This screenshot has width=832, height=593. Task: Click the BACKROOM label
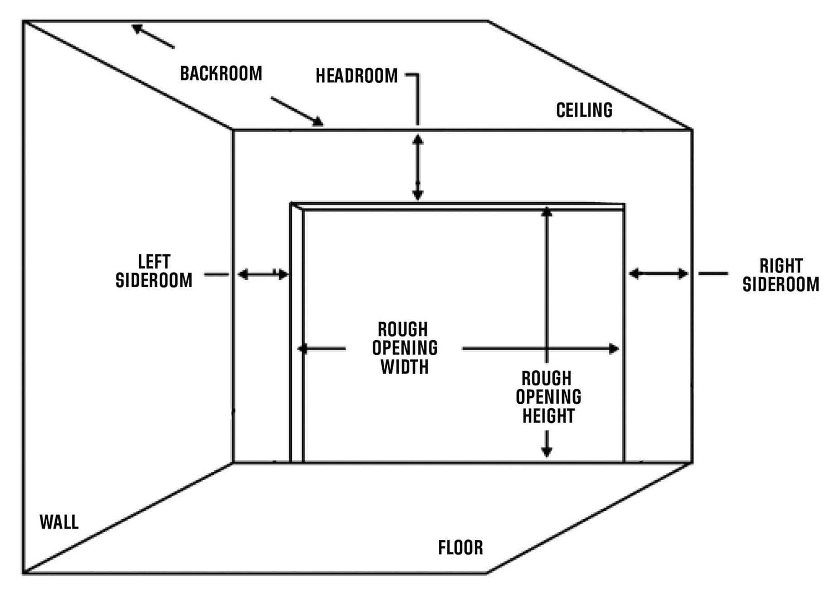[221, 73]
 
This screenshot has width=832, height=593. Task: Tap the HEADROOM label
[357, 76]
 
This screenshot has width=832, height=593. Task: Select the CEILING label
[584, 110]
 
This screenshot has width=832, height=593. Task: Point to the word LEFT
[154, 262]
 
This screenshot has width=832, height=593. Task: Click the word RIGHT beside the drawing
[781, 266]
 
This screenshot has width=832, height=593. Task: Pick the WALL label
[59, 522]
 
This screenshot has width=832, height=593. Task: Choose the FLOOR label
[461, 547]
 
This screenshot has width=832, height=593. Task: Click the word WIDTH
[405, 367]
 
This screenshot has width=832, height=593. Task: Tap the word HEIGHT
[549, 416]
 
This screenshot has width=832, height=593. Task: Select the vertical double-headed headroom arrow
[418, 167]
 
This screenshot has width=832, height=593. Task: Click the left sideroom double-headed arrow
[263, 274]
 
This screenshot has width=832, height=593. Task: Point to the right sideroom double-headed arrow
[658, 274]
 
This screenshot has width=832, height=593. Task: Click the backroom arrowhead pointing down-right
[318, 121]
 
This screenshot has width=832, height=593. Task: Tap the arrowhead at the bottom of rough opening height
[547, 452]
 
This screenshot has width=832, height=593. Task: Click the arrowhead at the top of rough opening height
[547, 212]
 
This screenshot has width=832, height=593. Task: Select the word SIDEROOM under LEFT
[154, 280]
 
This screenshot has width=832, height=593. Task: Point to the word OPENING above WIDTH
[405, 348]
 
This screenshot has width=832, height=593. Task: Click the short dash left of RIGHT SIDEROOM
[713, 274]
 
